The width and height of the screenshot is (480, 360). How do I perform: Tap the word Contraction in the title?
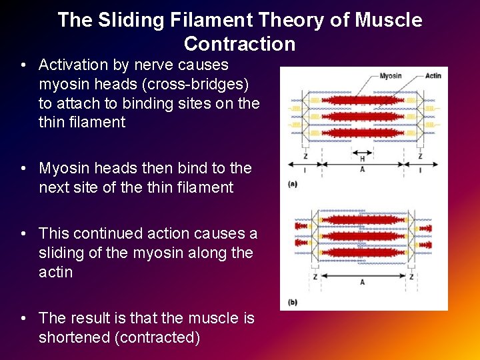(239, 44)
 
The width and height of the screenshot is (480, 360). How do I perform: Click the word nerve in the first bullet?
(151, 65)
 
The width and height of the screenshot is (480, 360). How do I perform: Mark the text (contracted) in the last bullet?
(158, 337)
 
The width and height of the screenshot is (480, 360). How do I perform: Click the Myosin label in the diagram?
(390, 76)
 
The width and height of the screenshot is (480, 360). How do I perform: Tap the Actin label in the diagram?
(433, 76)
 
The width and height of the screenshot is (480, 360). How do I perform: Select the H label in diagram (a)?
(362, 159)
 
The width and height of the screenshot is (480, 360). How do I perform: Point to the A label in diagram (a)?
(362, 169)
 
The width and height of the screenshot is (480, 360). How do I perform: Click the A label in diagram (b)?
(362, 282)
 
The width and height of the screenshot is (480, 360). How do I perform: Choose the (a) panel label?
(292, 183)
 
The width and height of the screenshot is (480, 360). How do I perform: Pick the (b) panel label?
(292, 302)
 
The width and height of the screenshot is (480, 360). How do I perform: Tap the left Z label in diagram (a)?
(305, 156)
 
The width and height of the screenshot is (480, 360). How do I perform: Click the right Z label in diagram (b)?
(411, 276)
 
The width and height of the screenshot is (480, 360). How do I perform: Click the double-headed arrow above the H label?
(362, 151)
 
